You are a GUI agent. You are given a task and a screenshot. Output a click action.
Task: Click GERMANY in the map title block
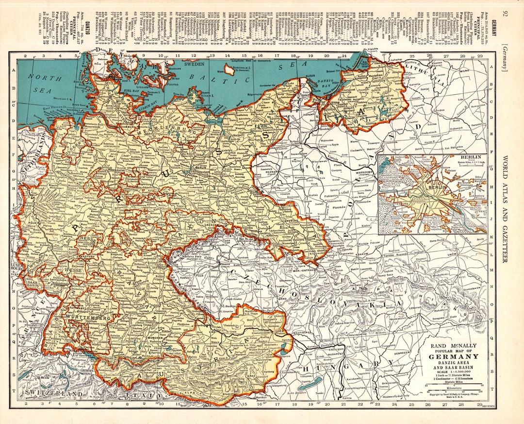tap(452, 356)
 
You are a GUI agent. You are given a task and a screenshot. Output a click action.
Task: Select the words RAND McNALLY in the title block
tap(452, 345)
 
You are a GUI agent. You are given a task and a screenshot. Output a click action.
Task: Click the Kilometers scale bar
tap(453, 390)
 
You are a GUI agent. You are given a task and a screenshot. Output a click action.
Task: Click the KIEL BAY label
tap(132, 90)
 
